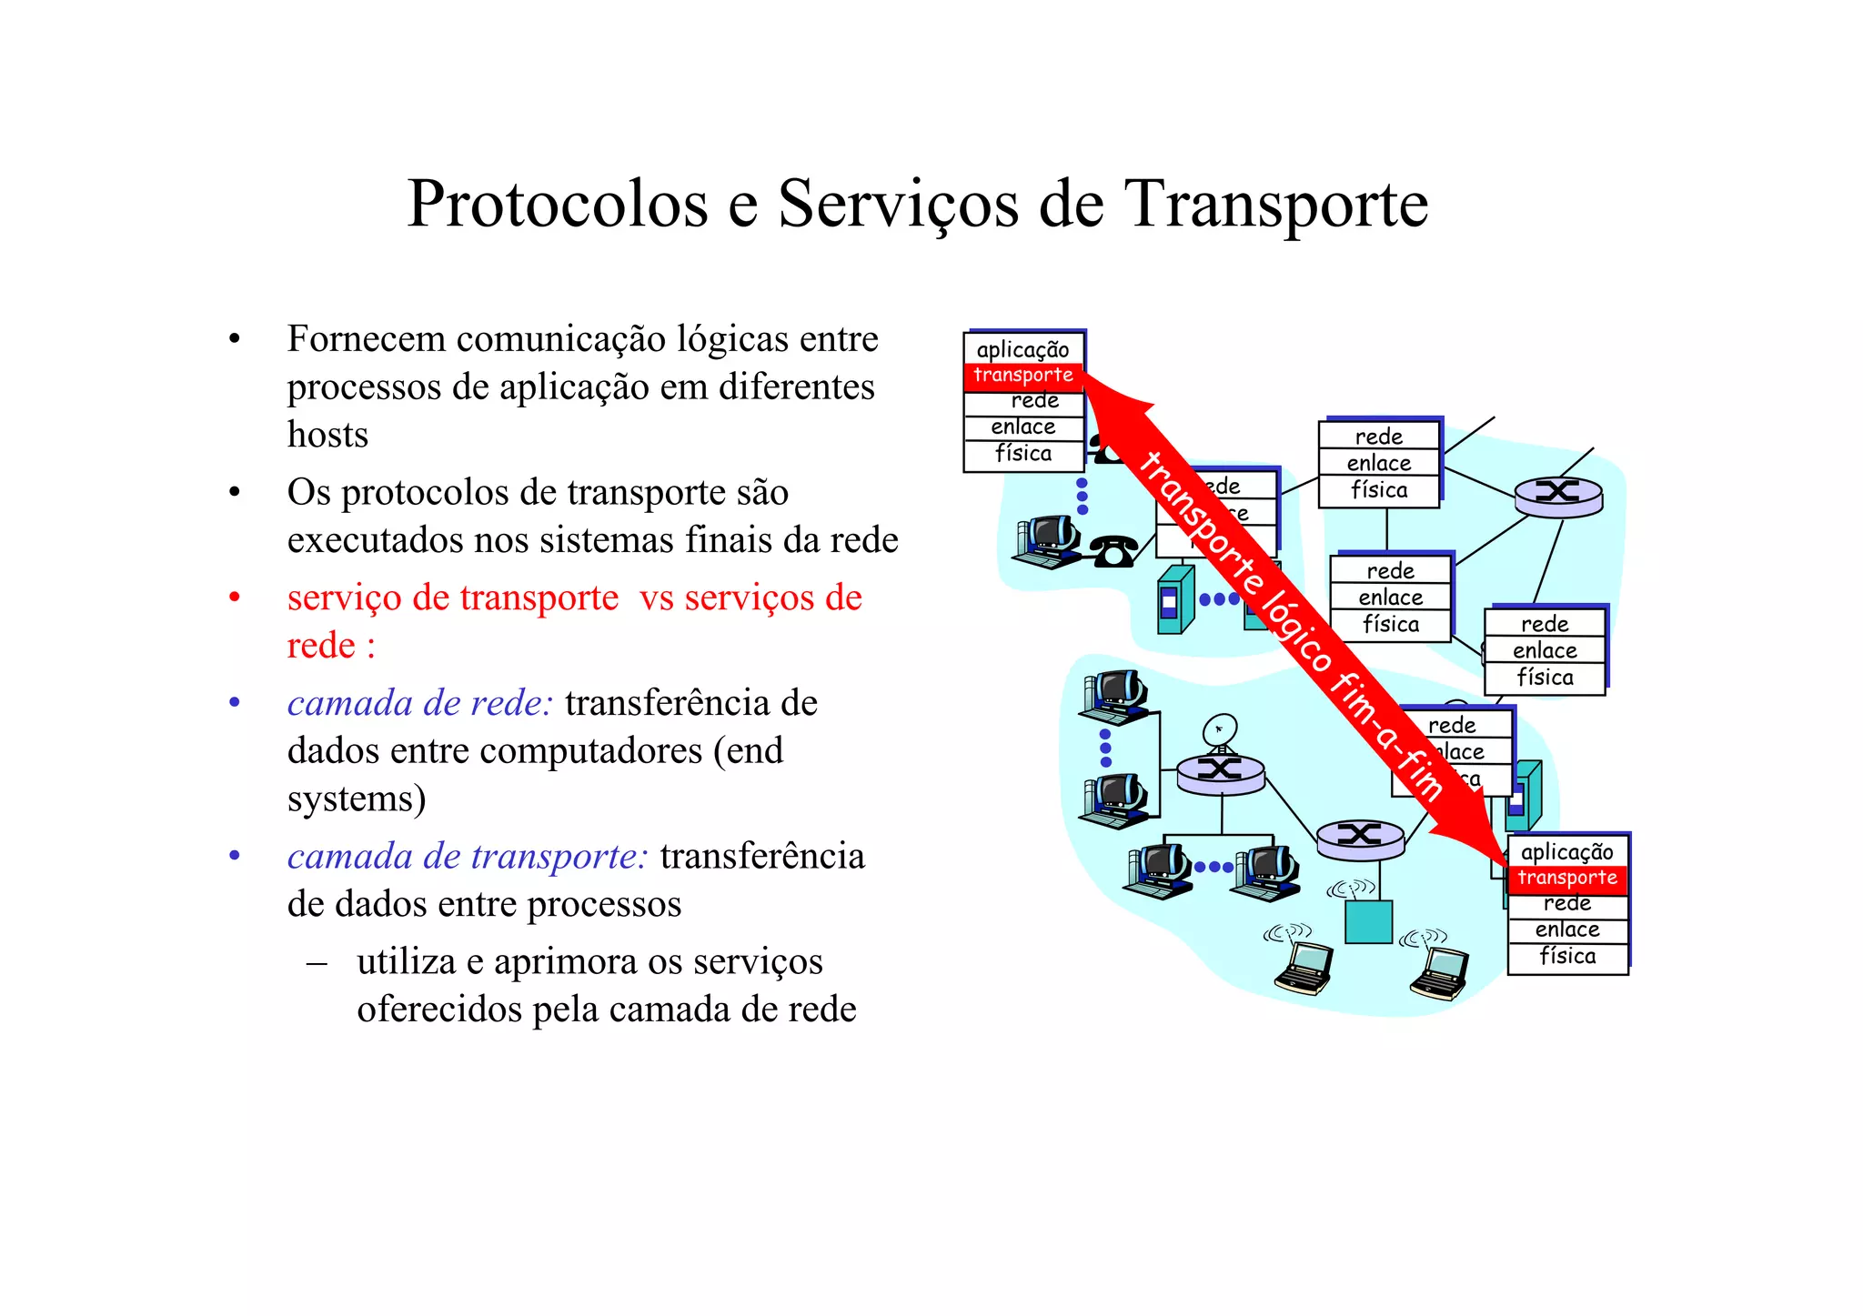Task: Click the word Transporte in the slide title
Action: click(x=1277, y=205)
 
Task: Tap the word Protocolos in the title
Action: click(x=557, y=205)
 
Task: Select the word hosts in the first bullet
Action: click(x=327, y=435)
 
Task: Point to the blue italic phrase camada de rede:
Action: click(x=419, y=703)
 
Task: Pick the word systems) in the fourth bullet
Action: click(x=357, y=799)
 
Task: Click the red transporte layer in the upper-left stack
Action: click(x=1023, y=376)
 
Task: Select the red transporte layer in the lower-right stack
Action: click(x=1567, y=878)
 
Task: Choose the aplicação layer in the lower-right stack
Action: click(x=1567, y=851)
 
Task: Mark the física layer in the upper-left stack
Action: click(x=1023, y=453)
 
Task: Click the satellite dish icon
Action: click(x=1219, y=730)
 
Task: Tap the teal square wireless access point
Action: click(x=1368, y=921)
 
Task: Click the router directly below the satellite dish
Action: click(x=1220, y=772)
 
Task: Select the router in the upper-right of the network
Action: click(x=1557, y=495)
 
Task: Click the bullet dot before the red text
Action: click(x=235, y=598)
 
